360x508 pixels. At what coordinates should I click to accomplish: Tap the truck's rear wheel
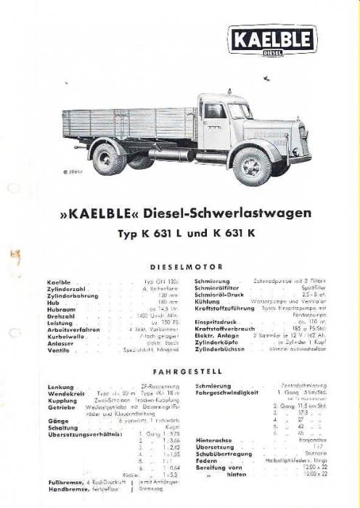pos(110,158)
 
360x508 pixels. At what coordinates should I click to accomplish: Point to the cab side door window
pos(215,111)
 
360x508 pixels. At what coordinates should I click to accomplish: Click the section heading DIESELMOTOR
pos(181,266)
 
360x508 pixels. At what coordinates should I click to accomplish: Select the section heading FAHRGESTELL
pos(181,371)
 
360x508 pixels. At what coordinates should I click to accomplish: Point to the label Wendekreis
pos(63,394)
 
